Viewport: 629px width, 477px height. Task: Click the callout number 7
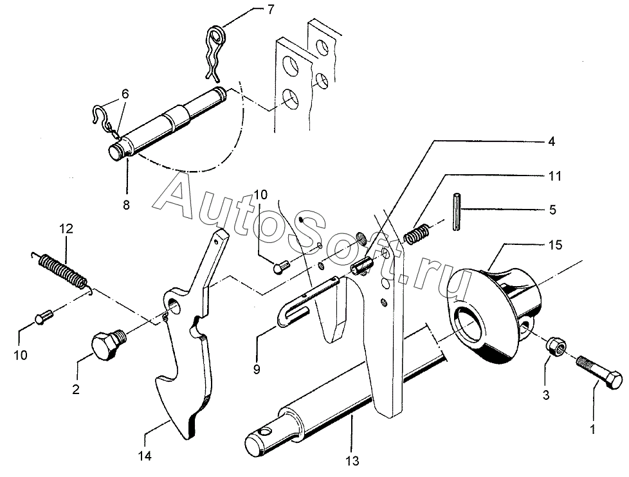pos(271,9)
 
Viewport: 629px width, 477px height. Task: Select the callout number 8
pos(126,205)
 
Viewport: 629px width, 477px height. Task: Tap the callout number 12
pos(66,229)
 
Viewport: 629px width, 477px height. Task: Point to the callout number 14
pos(145,456)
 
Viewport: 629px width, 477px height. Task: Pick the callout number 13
pos(352,461)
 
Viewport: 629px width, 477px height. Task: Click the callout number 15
pos(556,245)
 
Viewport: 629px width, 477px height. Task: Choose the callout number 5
pos(552,210)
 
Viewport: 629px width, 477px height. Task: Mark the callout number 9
pos(257,369)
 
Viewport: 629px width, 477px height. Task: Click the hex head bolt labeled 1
pos(599,370)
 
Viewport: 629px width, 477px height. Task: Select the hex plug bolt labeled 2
pos(108,344)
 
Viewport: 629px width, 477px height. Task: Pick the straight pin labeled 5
pos(456,212)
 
